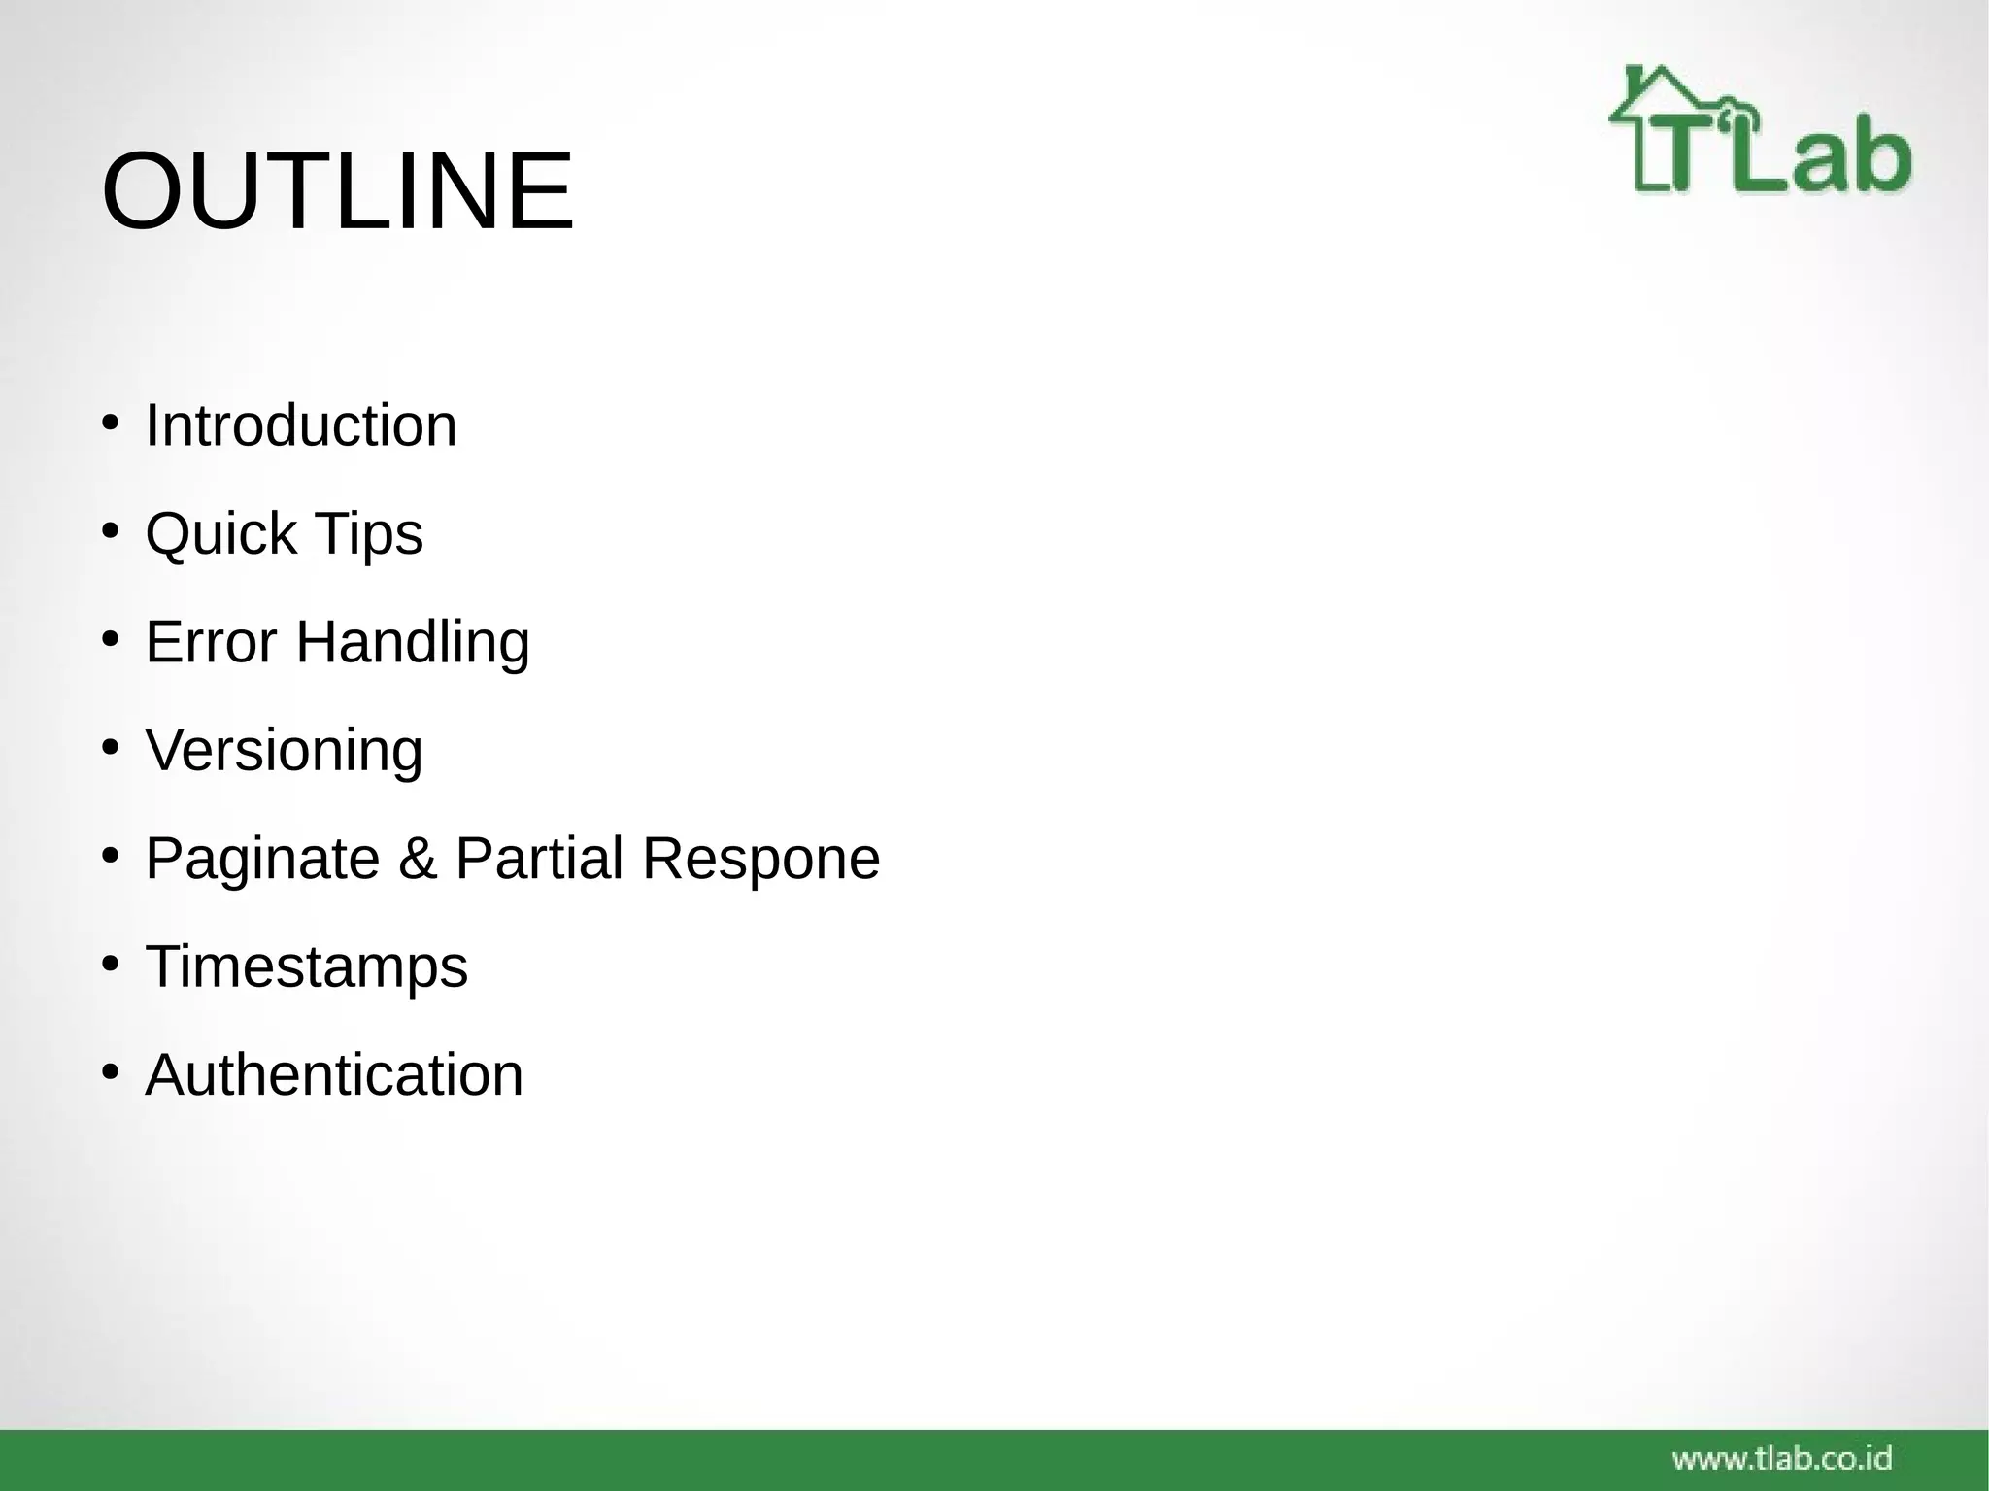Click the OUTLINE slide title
(x=337, y=191)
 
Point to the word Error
(x=211, y=642)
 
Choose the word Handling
(x=413, y=643)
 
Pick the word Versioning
(x=284, y=751)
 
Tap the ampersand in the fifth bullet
(x=418, y=859)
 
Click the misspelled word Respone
(x=761, y=860)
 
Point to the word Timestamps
(x=307, y=967)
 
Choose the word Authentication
(x=334, y=1075)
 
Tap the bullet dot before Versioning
(x=110, y=748)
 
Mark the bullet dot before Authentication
(x=110, y=1072)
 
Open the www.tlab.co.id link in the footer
(x=1782, y=1458)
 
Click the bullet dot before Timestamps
(x=110, y=965)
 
